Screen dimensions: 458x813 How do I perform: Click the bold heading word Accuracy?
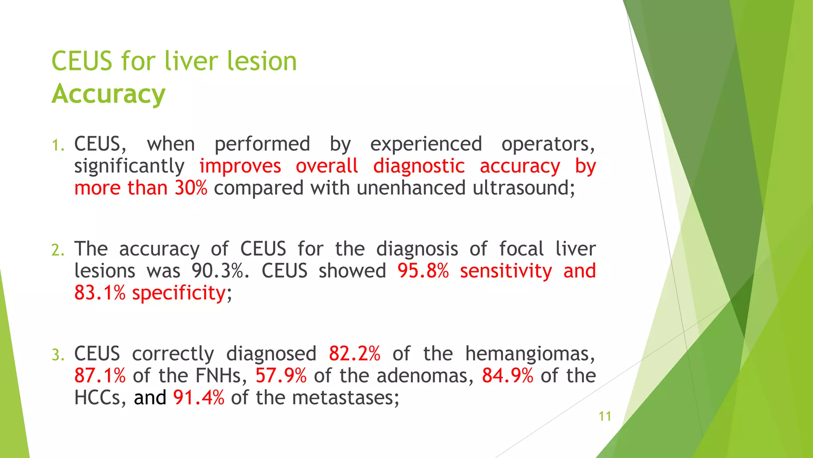(108, 94)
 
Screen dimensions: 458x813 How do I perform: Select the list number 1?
(58, 146)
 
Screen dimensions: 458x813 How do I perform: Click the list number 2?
(58, 250)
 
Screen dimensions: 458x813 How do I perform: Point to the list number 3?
(58, 355)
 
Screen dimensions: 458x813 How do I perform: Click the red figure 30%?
(191, 188)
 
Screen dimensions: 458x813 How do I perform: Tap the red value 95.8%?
(423, 271)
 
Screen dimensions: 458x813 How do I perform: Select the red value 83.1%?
(100, 293)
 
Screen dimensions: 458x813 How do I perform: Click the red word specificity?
(179, 293)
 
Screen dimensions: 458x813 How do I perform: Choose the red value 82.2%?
(354, 354)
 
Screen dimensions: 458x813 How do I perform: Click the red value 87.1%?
(100, 376)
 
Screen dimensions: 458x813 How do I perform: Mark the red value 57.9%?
(281, 376)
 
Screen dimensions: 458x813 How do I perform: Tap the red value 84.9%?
(507, 376)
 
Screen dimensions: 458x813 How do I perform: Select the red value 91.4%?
(198, 398)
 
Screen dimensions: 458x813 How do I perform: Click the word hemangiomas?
(530, 354)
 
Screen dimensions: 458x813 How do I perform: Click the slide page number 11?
(605, 416)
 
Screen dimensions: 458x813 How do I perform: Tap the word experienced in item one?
(426, 144)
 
